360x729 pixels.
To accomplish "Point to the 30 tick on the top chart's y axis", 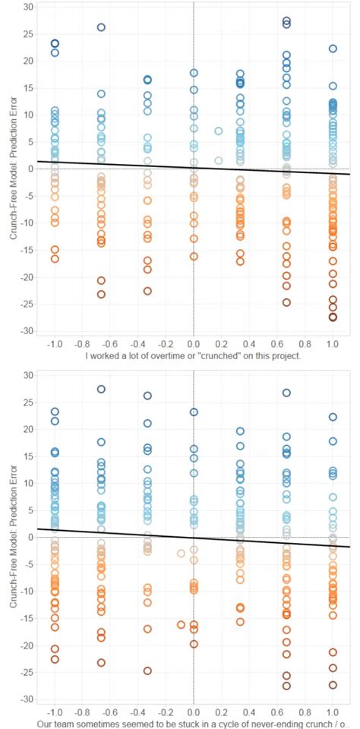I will [x=28, y=6].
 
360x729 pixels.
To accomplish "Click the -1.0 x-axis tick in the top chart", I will [x=54, y=343].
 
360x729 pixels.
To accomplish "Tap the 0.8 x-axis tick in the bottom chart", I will [x=305, y=712].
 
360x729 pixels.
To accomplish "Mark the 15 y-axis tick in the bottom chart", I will [x=28, y=456].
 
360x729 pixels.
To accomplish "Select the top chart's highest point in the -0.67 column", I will [x=101, y=27].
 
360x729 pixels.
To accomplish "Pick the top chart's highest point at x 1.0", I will [x=333, y=49].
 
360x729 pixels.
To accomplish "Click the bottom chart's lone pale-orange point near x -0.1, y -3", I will [x=181, y=553].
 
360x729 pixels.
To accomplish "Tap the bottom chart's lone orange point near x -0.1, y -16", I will [x=181, y=624].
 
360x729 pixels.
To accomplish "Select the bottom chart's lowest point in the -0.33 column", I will [x=147, y=671].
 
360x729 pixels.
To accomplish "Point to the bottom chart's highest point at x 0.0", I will [x=194, y=412].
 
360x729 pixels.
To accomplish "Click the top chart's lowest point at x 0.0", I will [x=194, y=257].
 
